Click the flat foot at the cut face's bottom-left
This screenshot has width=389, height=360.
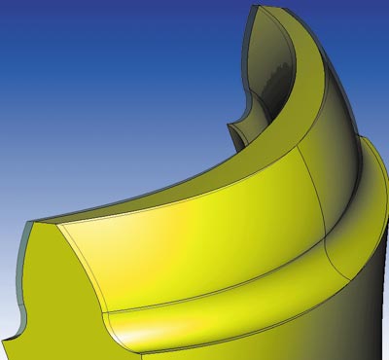[x=10, y=345]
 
